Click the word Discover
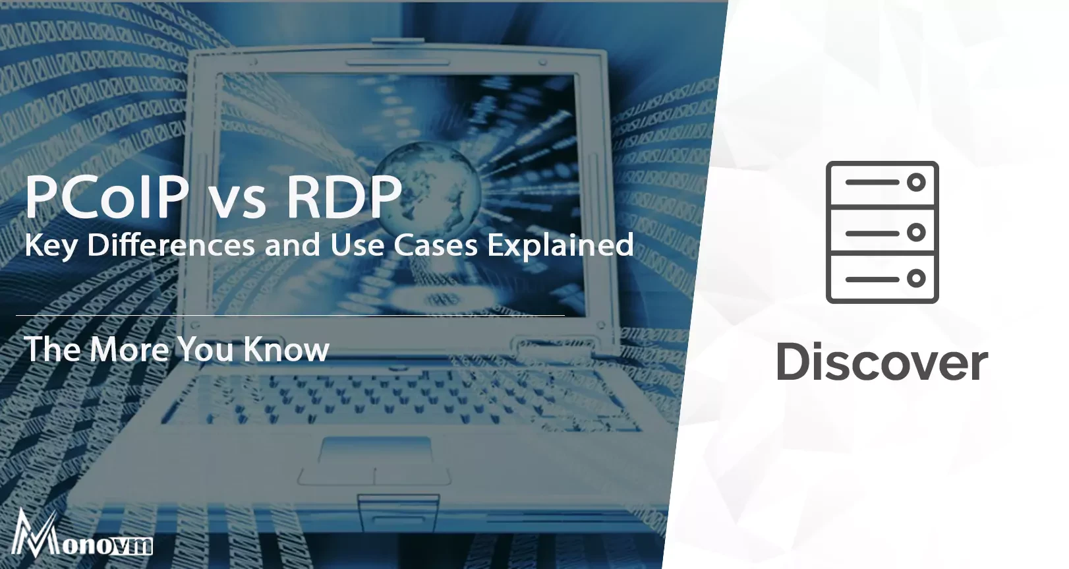882,363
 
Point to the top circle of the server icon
916,183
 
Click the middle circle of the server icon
916,232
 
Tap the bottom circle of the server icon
916,279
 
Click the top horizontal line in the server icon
871,183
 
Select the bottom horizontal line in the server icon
871,279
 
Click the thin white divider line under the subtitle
290,316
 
